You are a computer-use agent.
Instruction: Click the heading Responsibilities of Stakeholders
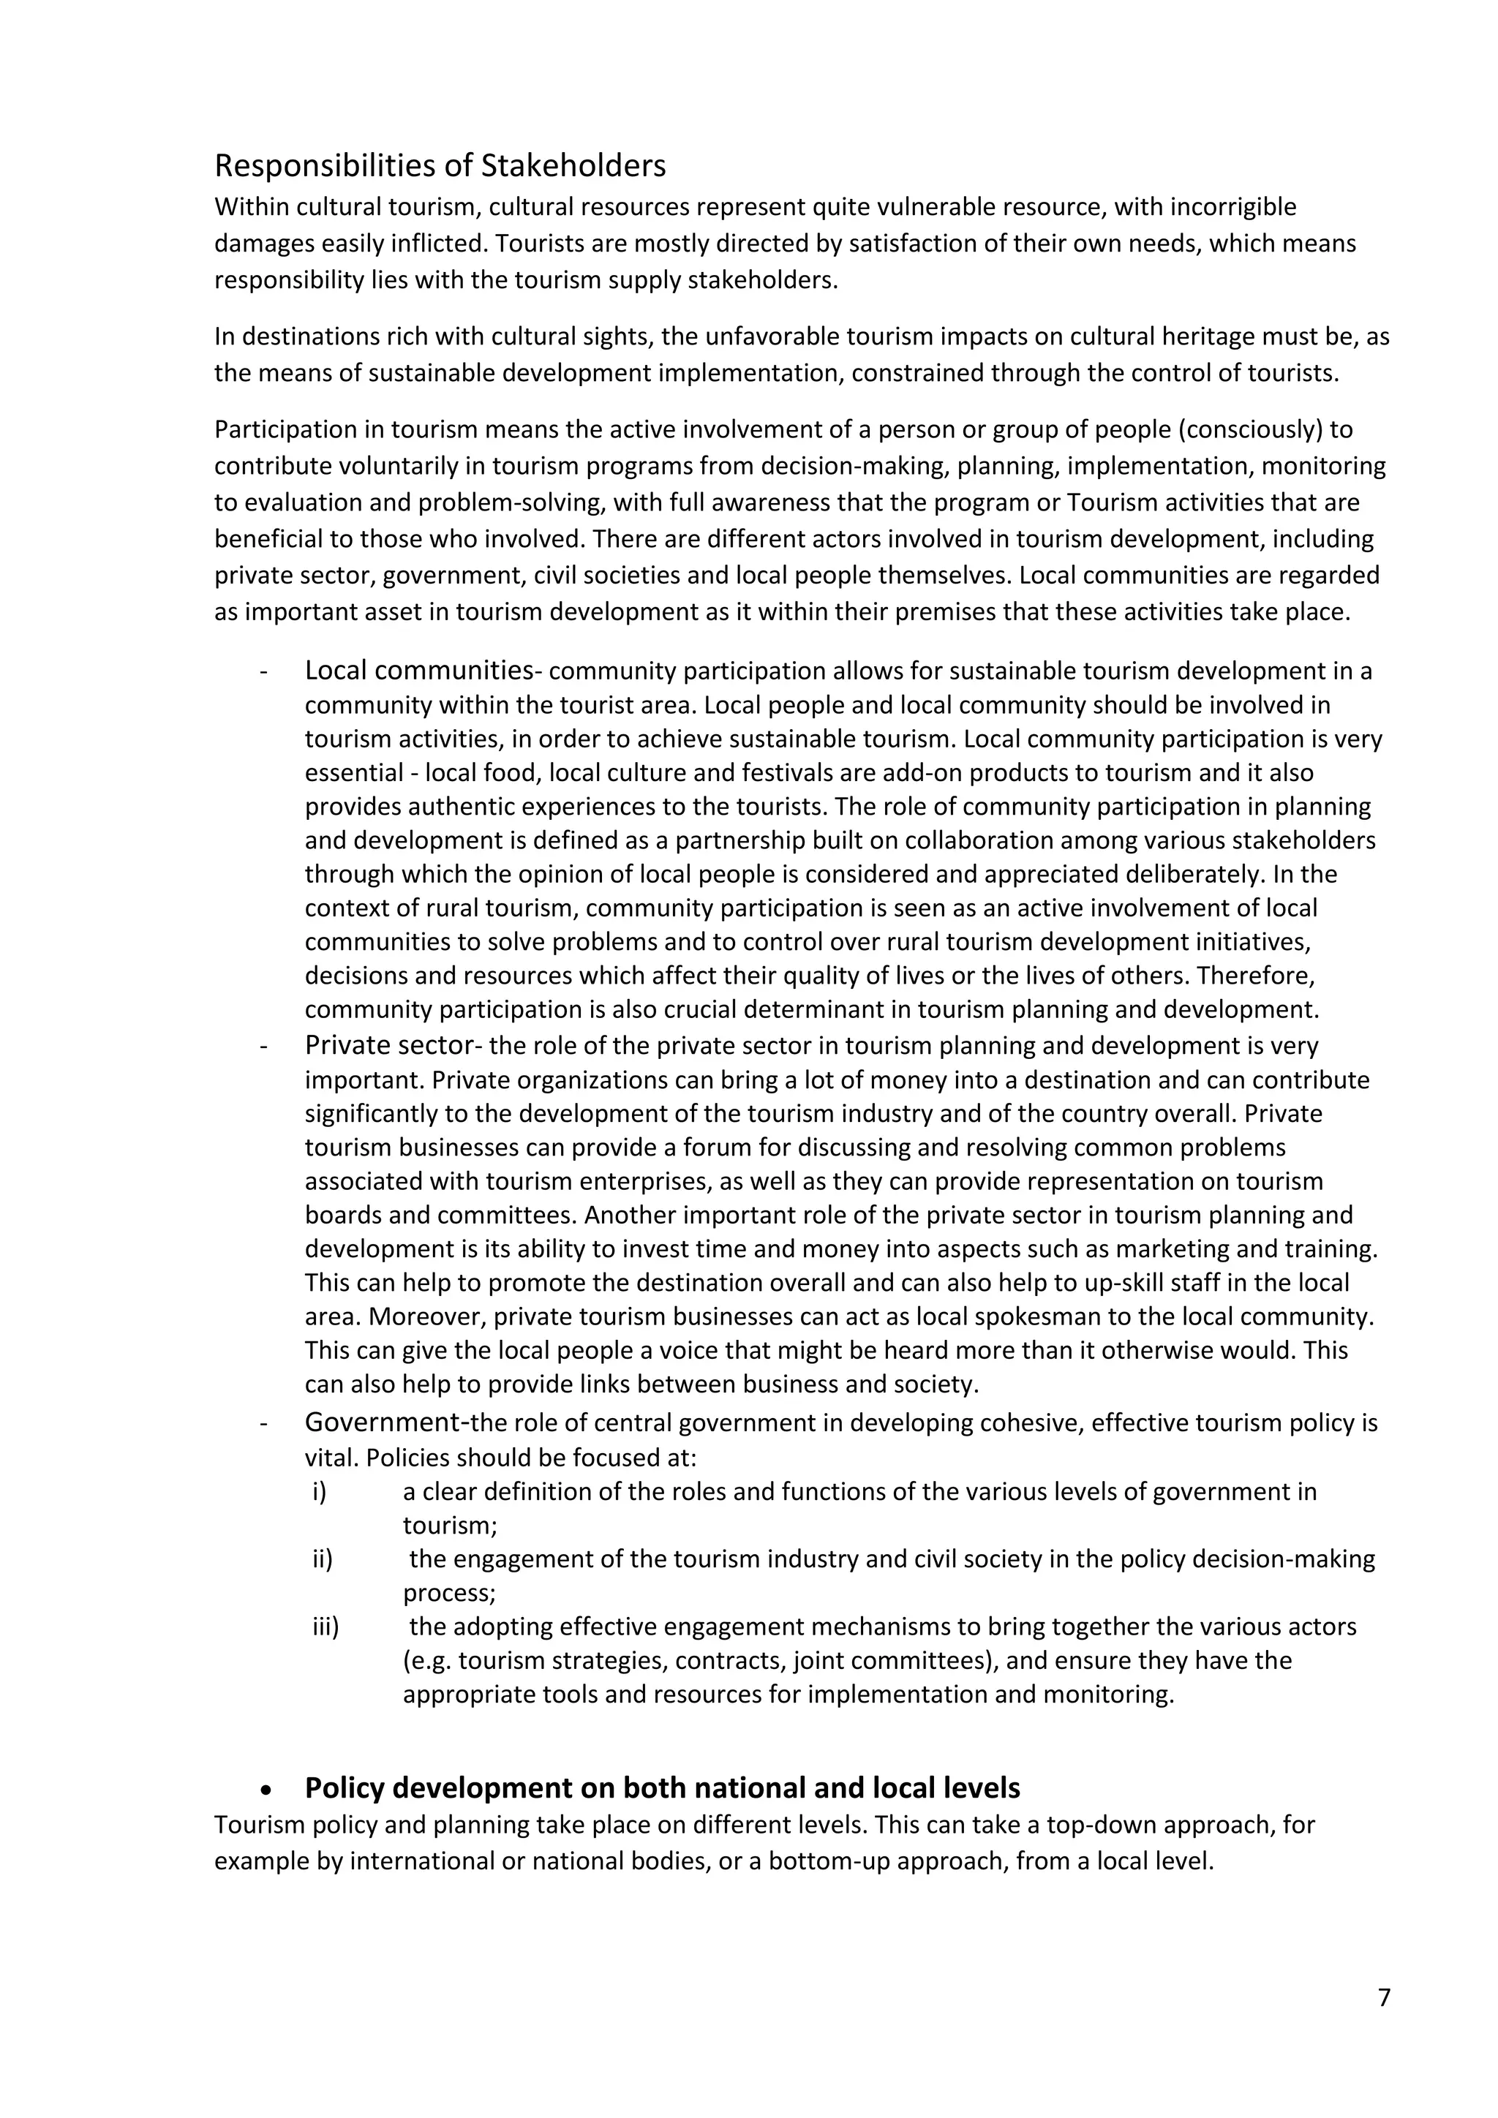coord(440,166)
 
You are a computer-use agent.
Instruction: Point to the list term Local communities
coord(419,670)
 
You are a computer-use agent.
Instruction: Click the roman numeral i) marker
coord(319,1492)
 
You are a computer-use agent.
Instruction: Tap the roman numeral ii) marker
coord(322,1559)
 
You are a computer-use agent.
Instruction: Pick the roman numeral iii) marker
coord(325,1627)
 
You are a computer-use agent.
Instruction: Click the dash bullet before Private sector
coord(265,1046)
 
